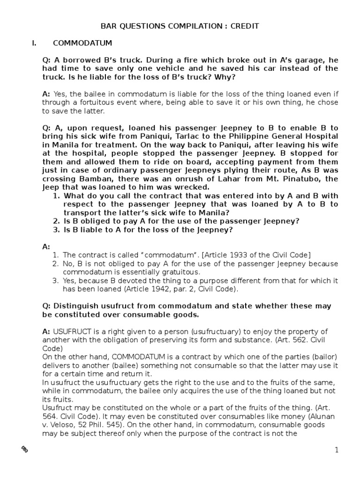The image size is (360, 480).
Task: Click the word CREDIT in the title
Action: tap(244, 26)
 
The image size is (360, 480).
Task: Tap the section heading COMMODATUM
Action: tap(82, 44)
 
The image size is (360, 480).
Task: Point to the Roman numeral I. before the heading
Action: tap(34, 44)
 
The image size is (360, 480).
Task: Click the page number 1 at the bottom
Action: tap(337, 450)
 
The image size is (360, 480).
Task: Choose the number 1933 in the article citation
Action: tap(242, 255)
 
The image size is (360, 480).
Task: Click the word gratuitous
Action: tap(178, 272)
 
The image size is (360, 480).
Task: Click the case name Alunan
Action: tap(306, 416)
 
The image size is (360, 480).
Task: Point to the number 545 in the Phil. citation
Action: tap(112, 424)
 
